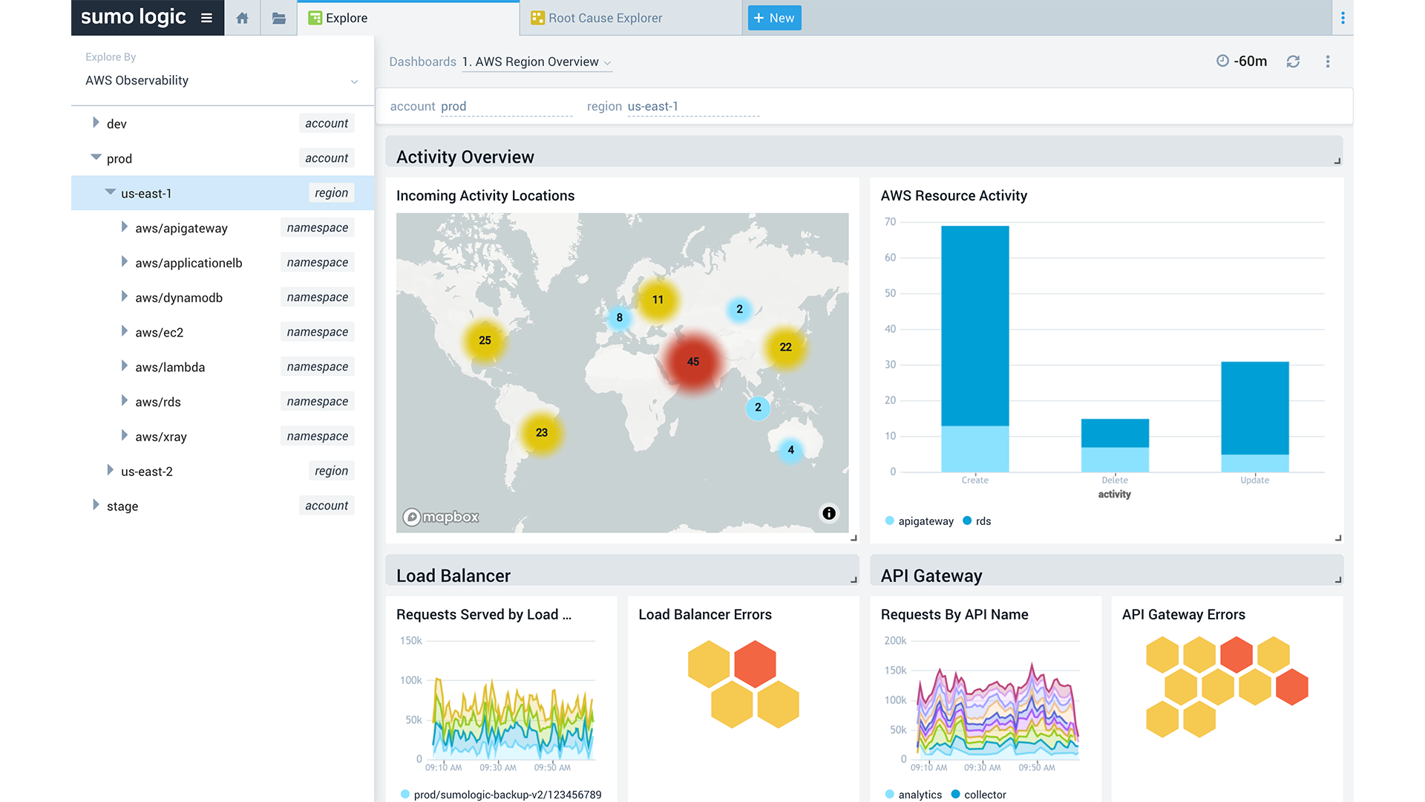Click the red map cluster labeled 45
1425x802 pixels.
point(692,362)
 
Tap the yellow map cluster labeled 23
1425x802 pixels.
point(542,433)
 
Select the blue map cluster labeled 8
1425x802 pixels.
point(619,318)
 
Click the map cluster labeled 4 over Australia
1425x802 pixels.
point(790,450)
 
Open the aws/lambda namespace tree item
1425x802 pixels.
point(170,367)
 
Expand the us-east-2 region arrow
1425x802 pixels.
point(110,470)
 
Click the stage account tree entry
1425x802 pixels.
point(122,506)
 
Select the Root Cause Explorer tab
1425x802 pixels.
point(605,18)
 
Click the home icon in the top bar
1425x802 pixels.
point(242,18)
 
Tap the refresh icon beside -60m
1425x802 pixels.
point(1293,62)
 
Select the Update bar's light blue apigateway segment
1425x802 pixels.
point(1254,463)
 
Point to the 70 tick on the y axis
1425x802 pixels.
point(890,222)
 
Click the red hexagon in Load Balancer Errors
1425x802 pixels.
point(755,662)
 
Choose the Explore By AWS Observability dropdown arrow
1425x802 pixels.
point(354,82)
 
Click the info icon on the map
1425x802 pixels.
point(829,513)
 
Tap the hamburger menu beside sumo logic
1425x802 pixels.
point(206,18)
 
